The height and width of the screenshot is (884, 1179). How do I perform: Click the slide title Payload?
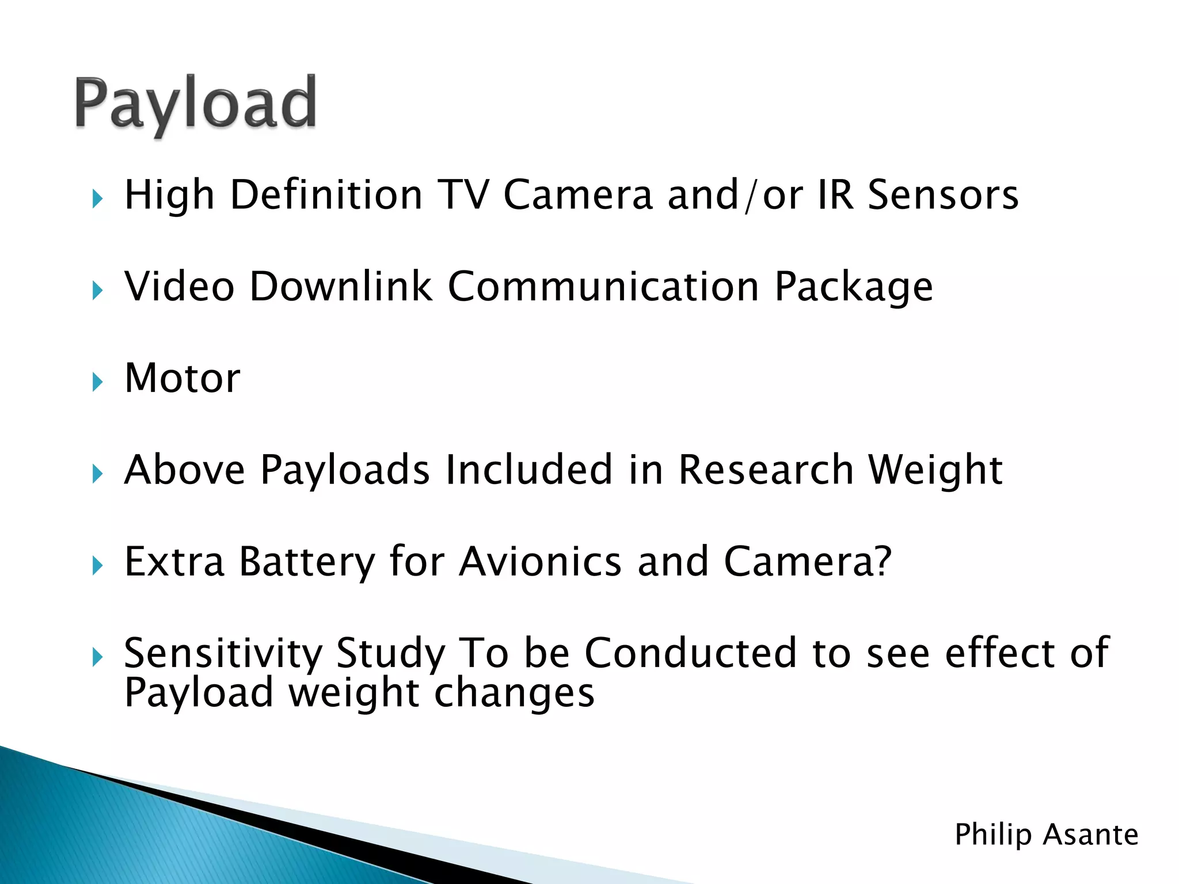tap(196, 104)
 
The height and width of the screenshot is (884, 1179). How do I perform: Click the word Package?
tap(853, 287)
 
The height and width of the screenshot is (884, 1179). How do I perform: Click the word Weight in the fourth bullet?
tap(935, 471)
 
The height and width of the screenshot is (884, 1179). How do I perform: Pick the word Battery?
tap(307, 562)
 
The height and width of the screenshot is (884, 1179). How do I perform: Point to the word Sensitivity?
tap(223, 654)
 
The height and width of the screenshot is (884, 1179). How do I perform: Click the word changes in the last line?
tap(514, 693)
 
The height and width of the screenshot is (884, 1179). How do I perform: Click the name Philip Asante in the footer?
tap(1046, 835)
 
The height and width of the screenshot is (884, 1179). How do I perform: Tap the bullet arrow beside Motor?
tap(97, 382)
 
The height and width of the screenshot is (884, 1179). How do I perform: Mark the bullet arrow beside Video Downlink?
tap(97, 291)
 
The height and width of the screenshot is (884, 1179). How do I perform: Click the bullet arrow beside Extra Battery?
tap(97, 566)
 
